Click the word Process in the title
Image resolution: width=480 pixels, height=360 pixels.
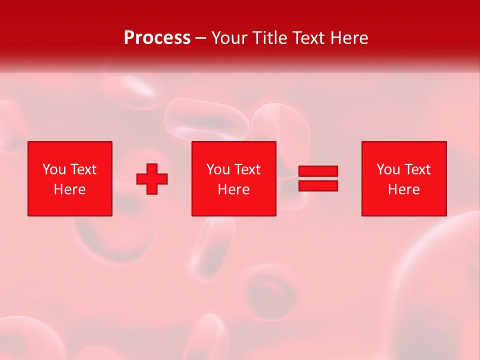point(157,38)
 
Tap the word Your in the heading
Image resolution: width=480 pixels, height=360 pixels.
point(229,38)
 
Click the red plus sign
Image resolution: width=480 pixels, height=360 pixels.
point(152,179)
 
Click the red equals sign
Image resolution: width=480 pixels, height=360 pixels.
point(318,178)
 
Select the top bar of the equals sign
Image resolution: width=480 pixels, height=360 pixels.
point(318,171)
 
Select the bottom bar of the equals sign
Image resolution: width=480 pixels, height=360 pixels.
point(318,185)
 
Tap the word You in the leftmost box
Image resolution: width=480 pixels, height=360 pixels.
point(54,169)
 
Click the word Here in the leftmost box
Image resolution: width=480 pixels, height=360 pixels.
point(69,189)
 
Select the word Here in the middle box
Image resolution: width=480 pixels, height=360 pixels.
point(233,189)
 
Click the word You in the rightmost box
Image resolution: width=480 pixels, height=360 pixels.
point(388,169)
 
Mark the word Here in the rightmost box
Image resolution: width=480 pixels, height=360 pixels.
point(403,189)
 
